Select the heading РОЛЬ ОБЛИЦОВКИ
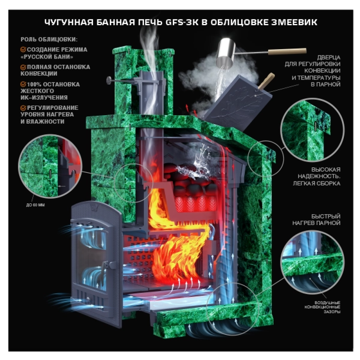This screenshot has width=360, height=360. [x=49, y=40]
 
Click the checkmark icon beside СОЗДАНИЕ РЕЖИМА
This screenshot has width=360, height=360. [x=23, y=50]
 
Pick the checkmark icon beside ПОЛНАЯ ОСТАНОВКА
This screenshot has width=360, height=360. [x=23, y=67]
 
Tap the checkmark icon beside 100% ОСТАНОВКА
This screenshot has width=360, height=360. [x=23, y=84]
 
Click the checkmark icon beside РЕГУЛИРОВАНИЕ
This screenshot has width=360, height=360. [x=23, y=108]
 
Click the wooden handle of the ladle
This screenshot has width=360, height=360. [x=287, y=51]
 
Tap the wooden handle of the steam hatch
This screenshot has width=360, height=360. [x=266, y=81]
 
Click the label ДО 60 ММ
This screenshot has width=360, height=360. [x=35, y=205]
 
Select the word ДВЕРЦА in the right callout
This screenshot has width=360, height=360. [x=329, y=57]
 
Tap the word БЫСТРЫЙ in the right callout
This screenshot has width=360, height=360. [x=326, y=216]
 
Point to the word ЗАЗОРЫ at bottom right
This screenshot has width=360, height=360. [x=332, y=312]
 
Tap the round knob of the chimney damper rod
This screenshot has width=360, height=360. [x=109, y=80]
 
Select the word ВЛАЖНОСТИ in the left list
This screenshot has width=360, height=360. [x=45, y=121]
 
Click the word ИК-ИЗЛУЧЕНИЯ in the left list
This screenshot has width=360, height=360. [x=44, y=98]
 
